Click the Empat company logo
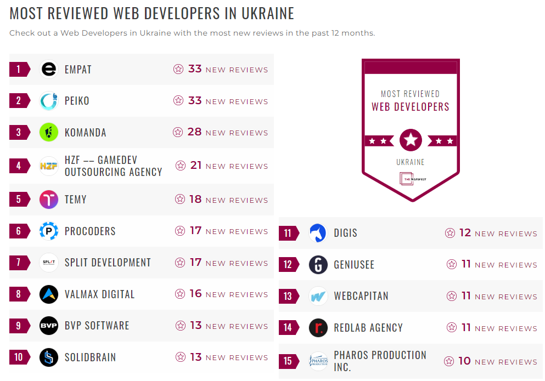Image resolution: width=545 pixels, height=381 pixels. click(x=49, y=69)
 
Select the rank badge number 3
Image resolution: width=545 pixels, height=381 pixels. click(x=19, y=133)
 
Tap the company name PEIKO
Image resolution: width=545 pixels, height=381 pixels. click(x=77, y=101)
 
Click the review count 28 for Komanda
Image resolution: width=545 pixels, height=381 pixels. click(x=194, y=132)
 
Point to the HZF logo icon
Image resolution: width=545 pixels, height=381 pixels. click(x=49, y=166)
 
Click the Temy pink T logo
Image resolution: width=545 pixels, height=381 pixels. click(x=49, y=200)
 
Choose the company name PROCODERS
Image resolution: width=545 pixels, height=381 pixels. click(x=90, y=231)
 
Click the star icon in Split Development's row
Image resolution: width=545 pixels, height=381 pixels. click(x=180, y=263)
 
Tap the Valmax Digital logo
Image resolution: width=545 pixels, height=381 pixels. click(x=49, y=294)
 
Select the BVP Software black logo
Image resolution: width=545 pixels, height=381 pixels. click(x=49, y=326)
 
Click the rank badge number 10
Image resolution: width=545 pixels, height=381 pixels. click(x=19, y=357)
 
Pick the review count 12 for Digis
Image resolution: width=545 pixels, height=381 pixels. click(x=465, y=233)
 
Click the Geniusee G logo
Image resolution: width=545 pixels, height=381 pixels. click(x=318, y=265)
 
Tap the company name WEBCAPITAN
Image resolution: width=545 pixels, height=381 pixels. click(x=361, y=296)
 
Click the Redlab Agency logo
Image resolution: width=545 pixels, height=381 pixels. click(x=318, y=328)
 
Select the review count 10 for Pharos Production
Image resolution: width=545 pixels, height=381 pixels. click(x=464, y=361)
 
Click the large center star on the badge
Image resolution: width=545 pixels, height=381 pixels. click(x=411, y=140)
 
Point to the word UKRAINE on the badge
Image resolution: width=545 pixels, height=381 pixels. click(x=411, y=162)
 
